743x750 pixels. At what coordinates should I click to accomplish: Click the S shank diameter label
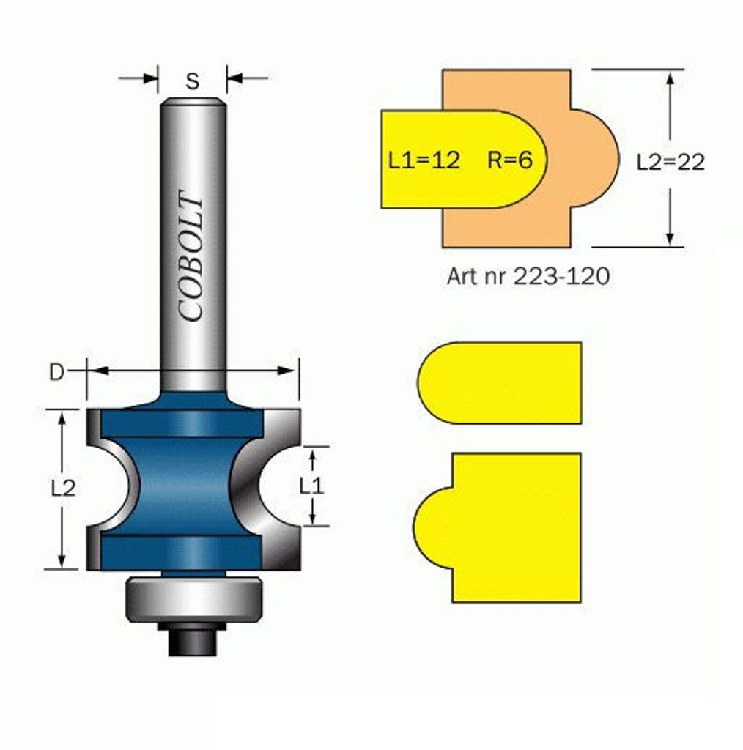coord(192,81)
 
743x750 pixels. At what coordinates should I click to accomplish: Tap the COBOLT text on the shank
coord(191,256)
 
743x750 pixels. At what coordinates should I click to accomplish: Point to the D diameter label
coord(56,371)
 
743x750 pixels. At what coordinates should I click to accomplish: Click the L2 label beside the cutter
coord(63,489)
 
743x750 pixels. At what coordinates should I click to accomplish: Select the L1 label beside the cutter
coord(311,486)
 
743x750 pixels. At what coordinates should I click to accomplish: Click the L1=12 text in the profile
coord(424,160)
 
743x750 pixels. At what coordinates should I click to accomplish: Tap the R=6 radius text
coord(509,160)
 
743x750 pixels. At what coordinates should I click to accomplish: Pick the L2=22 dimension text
coord(670,163)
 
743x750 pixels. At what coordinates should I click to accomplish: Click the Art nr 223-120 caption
coord(528,276)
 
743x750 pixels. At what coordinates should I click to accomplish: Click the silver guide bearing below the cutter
coord(193,599)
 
